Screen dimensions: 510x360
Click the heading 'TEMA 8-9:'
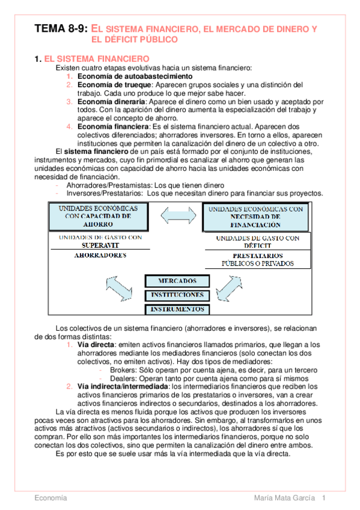coord(61,28)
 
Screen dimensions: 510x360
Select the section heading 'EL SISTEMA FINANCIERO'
coord(97,58)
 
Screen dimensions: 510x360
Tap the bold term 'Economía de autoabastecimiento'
coord(135,76)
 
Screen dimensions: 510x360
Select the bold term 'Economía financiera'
coord(112,127)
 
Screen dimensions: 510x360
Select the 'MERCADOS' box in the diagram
coord(177,281)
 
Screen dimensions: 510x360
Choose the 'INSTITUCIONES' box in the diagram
coord(177,295)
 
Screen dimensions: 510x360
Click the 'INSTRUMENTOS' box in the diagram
coord(177,309)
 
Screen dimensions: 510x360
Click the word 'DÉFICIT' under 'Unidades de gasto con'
coord(257,245)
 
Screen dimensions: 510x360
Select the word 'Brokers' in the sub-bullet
coord(123,370)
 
